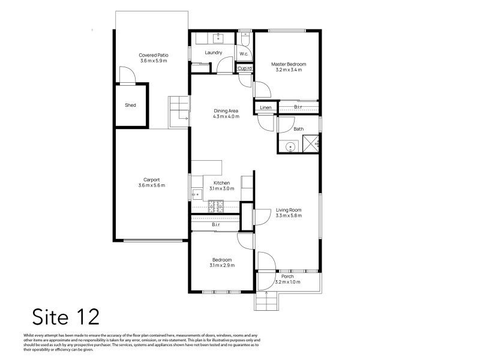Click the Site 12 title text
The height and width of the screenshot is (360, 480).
(x=66, y=317)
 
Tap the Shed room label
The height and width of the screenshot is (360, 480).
(x=130, y=105)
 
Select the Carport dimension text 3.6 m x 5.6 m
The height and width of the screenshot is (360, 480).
(x=152, y=185)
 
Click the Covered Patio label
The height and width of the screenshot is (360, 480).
(x=154, y=55)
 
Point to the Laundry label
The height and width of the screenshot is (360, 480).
(x=214, y=53)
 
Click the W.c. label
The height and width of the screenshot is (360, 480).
(x=244, y=54)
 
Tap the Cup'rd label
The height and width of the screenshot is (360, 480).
(x=245, y=68)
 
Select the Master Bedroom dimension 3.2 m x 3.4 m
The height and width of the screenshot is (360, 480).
(x=289, y=70)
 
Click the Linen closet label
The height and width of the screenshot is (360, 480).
(x=265, y=107)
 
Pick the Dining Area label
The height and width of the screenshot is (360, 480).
(x=226, y=111)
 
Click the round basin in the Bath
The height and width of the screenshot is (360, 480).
(x=290, y=147)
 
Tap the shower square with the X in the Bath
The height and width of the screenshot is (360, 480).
(x=311, y=143)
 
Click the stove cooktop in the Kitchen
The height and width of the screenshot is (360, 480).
(x=216, y=206)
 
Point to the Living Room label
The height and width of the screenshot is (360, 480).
(x=289, y=210)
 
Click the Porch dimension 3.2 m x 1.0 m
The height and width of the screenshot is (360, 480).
(x=288, y=282)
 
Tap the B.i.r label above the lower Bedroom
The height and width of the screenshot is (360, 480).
(x=216, y=224)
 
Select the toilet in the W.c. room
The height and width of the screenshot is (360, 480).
(x=245, y=39)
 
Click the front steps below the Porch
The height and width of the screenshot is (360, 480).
(x=266, y=301)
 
